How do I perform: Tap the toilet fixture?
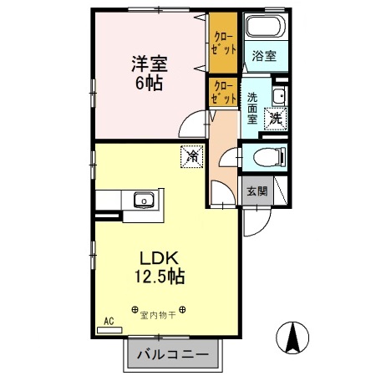pos(267,155)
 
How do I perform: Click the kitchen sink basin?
pos(141,201)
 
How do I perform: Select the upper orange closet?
pos(221,42)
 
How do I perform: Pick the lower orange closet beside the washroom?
pos(221,92)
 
